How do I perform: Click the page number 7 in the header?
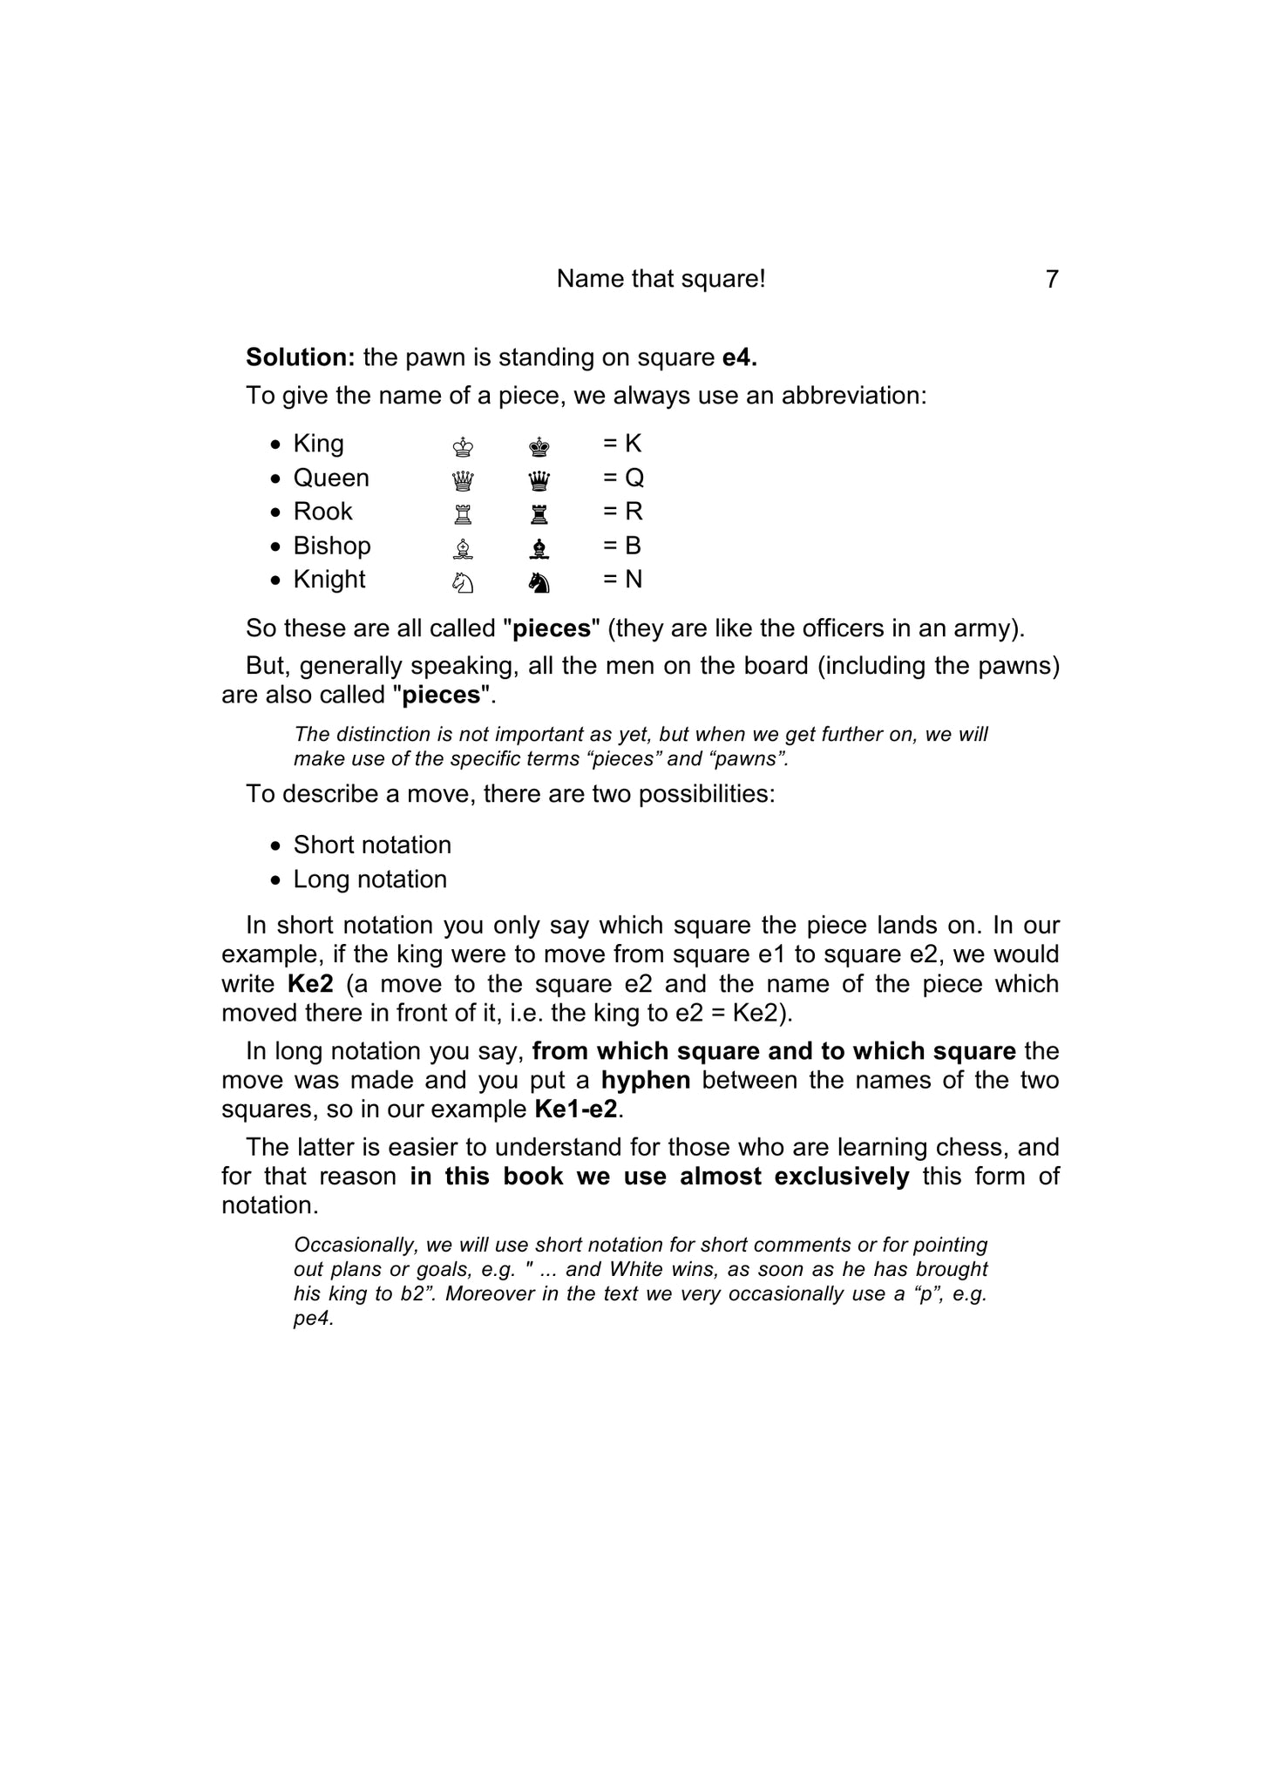click(x=1052, y=280)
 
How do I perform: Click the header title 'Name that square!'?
click(x=661, y=279)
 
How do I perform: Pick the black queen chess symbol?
click(x=539, y=480)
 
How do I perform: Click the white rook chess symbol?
click(x=464, y=514)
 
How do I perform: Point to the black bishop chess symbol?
click(x=539, y=548)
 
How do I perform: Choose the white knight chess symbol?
click(x=464, y=582)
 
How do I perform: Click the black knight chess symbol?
click(x=539, y=582)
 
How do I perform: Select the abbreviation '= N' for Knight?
click(x=622, y=580)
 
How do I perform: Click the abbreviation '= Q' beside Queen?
click(x=623, y=478)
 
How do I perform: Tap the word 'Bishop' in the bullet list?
click(x=332, y=546)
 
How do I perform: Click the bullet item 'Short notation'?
click(x=372, y=845)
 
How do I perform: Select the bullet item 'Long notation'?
click(x=369, y=879)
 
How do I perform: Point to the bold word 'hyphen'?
click(x=646, y=1081)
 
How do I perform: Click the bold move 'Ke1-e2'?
click(x=576, y=1110)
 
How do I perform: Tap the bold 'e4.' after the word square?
click(x=740, y=357)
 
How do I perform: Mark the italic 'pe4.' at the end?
click(x=314, y=1318)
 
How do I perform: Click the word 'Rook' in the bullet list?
click(x=322, y=512)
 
